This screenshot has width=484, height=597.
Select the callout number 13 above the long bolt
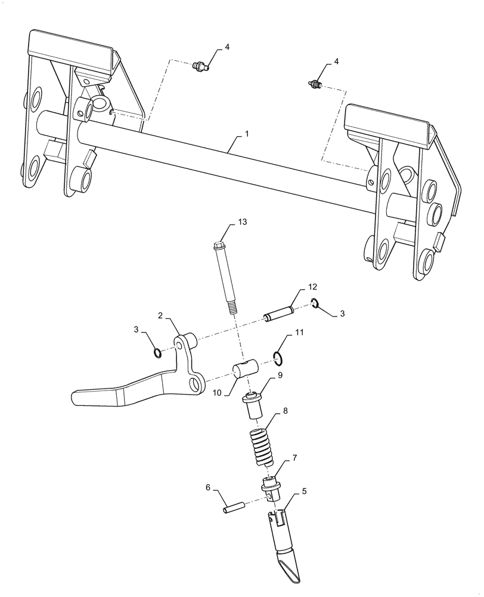pos(242,221)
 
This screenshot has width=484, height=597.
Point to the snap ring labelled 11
pos(278,358)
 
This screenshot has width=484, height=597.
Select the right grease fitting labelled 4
pos(317,85)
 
